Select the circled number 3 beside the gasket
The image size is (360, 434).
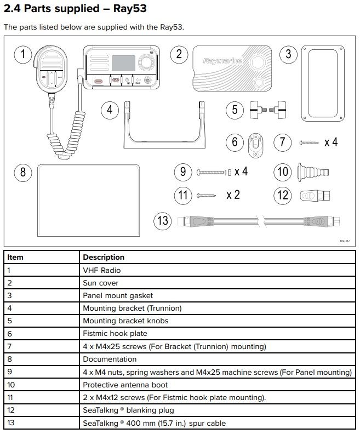click(x=288, y=54)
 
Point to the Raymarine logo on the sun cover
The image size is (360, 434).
click(x=222, y=61)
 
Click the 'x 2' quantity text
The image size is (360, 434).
click(x=233, y=195)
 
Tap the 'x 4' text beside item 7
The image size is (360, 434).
click(x=330, y=142)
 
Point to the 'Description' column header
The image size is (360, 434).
click(x=104, y=257)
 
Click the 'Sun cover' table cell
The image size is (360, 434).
click(x=101, y=283)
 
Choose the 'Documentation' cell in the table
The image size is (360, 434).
click(x=110, y=359)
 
